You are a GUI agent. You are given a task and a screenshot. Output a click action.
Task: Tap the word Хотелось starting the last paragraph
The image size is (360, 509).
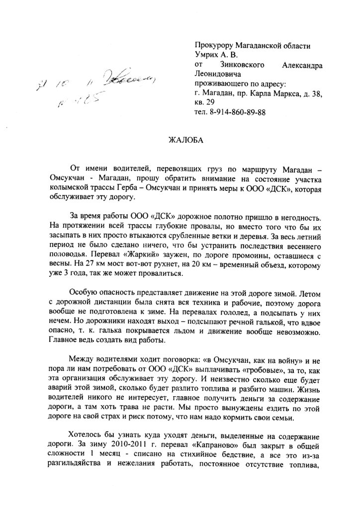(87, 445)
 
